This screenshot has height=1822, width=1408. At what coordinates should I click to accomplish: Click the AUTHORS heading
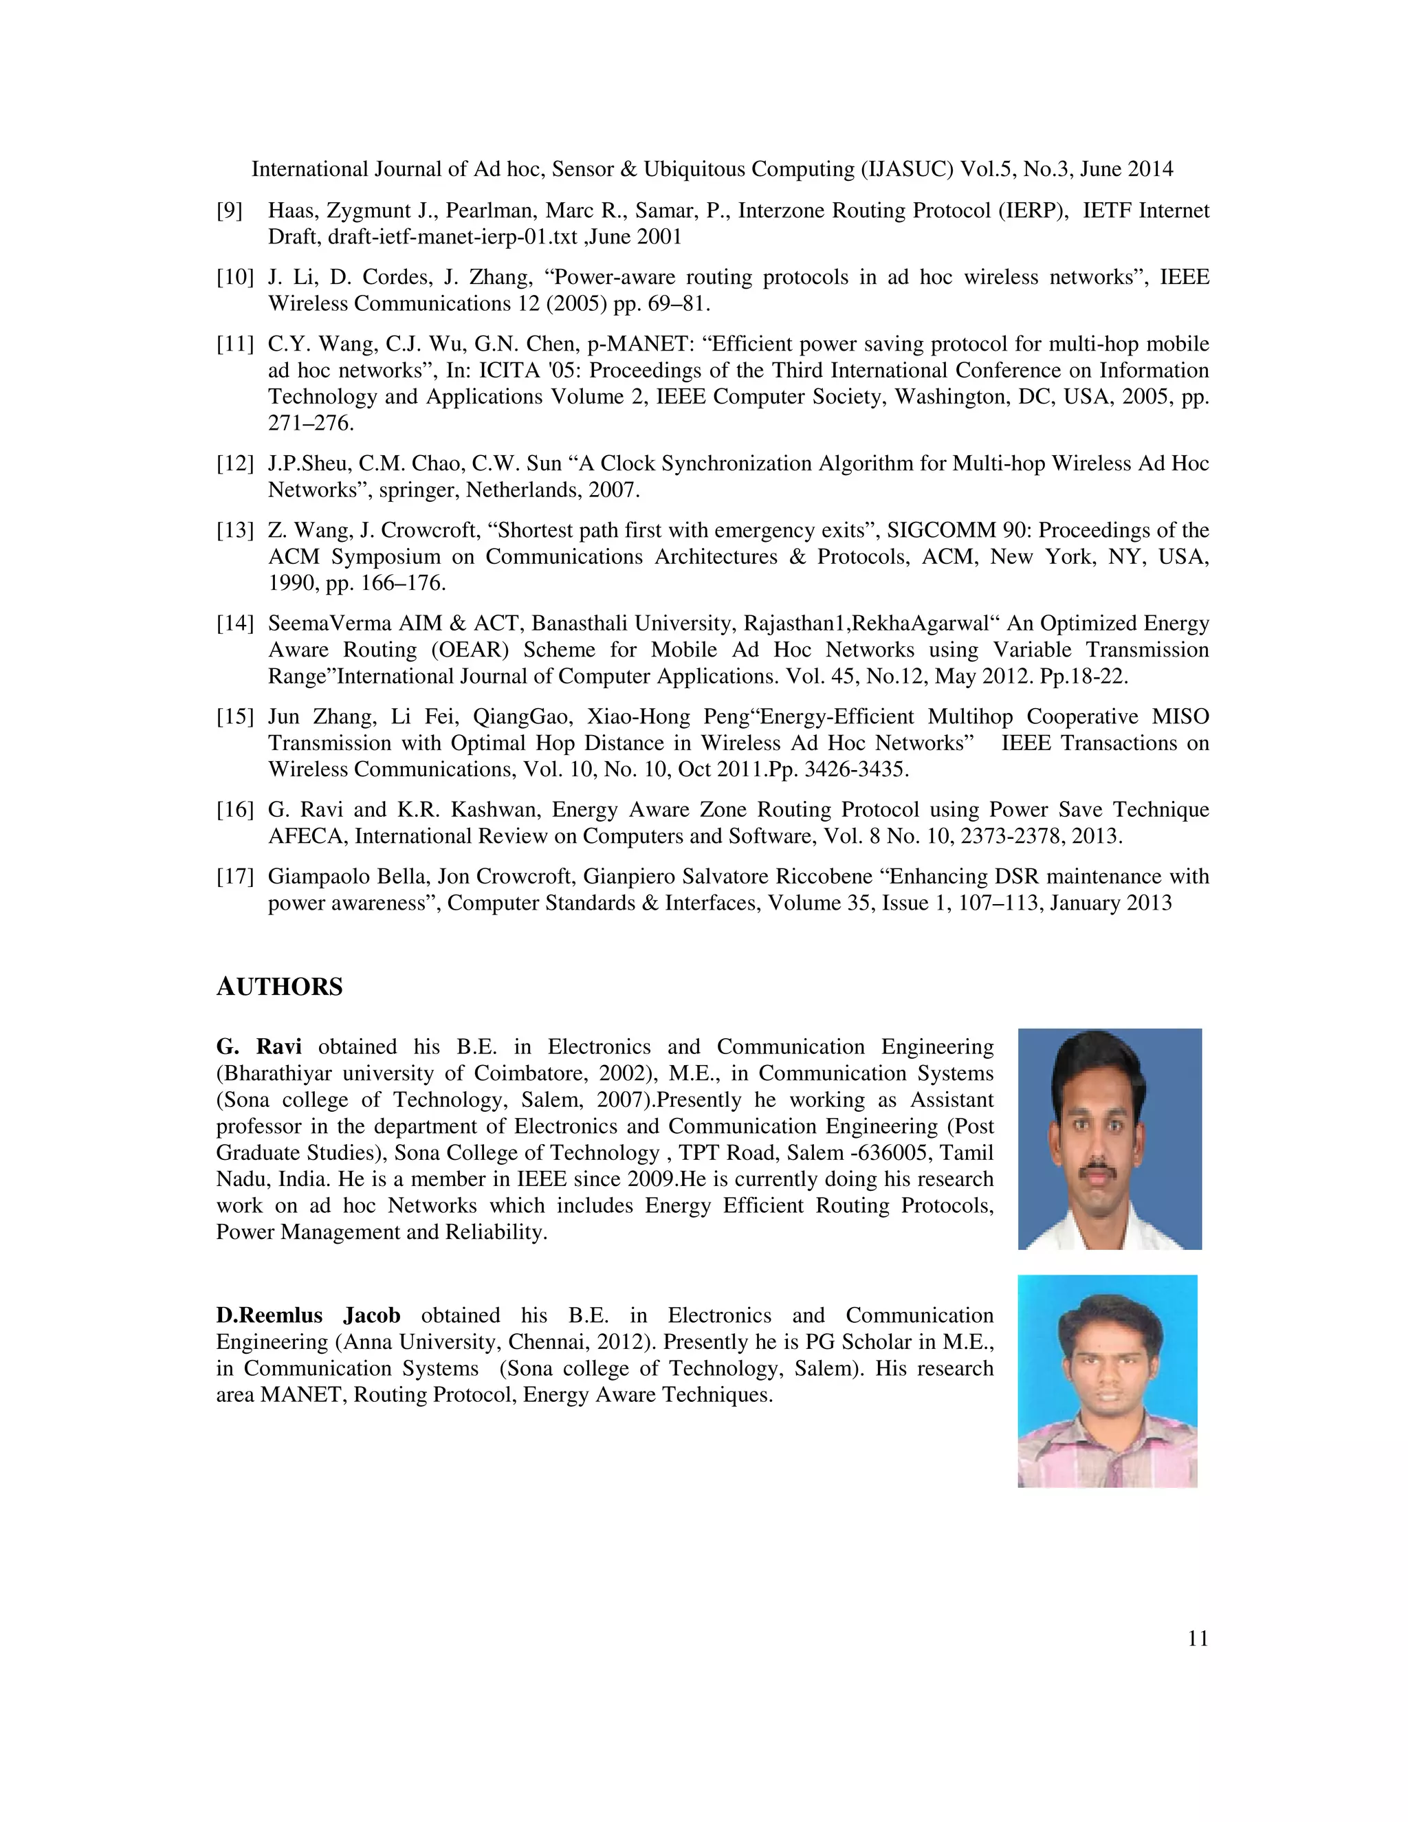(x=279, y=987)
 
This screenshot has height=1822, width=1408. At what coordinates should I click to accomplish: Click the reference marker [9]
(x=230, y=210)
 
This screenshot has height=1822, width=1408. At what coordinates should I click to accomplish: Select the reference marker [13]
(x=234, y=531)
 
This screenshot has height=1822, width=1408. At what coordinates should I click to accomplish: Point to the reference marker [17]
(x=234, y=877)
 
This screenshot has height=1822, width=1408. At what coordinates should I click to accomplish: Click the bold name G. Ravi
(x=258, y=1047)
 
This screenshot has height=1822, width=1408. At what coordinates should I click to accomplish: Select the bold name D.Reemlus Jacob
(x=308, y=1315)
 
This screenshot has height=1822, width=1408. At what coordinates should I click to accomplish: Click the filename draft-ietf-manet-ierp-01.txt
(x=452, y=237)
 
